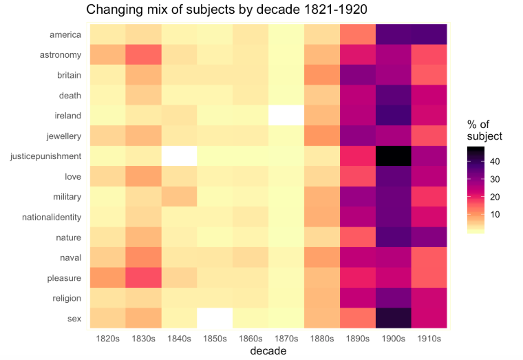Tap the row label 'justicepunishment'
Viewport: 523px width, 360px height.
pyautogui.click(x=46, y=156)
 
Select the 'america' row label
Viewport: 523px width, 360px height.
pyautogui.click(x=65, y=34)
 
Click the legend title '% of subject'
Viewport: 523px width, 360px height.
pyautogui.click(x=484, y=130)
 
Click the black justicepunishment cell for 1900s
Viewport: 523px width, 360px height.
pyautogui.click(x=393, y=156)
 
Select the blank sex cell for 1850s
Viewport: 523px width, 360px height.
pyautogui.click(x=214, y=319)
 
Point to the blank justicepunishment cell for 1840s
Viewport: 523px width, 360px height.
pyautogui.click(x=178, y=156)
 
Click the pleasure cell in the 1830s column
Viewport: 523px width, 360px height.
pyautogui.click(x=142, y=278)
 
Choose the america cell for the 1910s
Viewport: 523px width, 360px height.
pyautogui.click(x=429, y=34)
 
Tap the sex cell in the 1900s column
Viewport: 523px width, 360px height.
pyautogui.click(x=393, y=319)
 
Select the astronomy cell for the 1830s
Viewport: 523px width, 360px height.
pyautogui.click(x=142, y=55)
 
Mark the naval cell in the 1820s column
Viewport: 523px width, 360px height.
pyautogui.click(x=107, y=258)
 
